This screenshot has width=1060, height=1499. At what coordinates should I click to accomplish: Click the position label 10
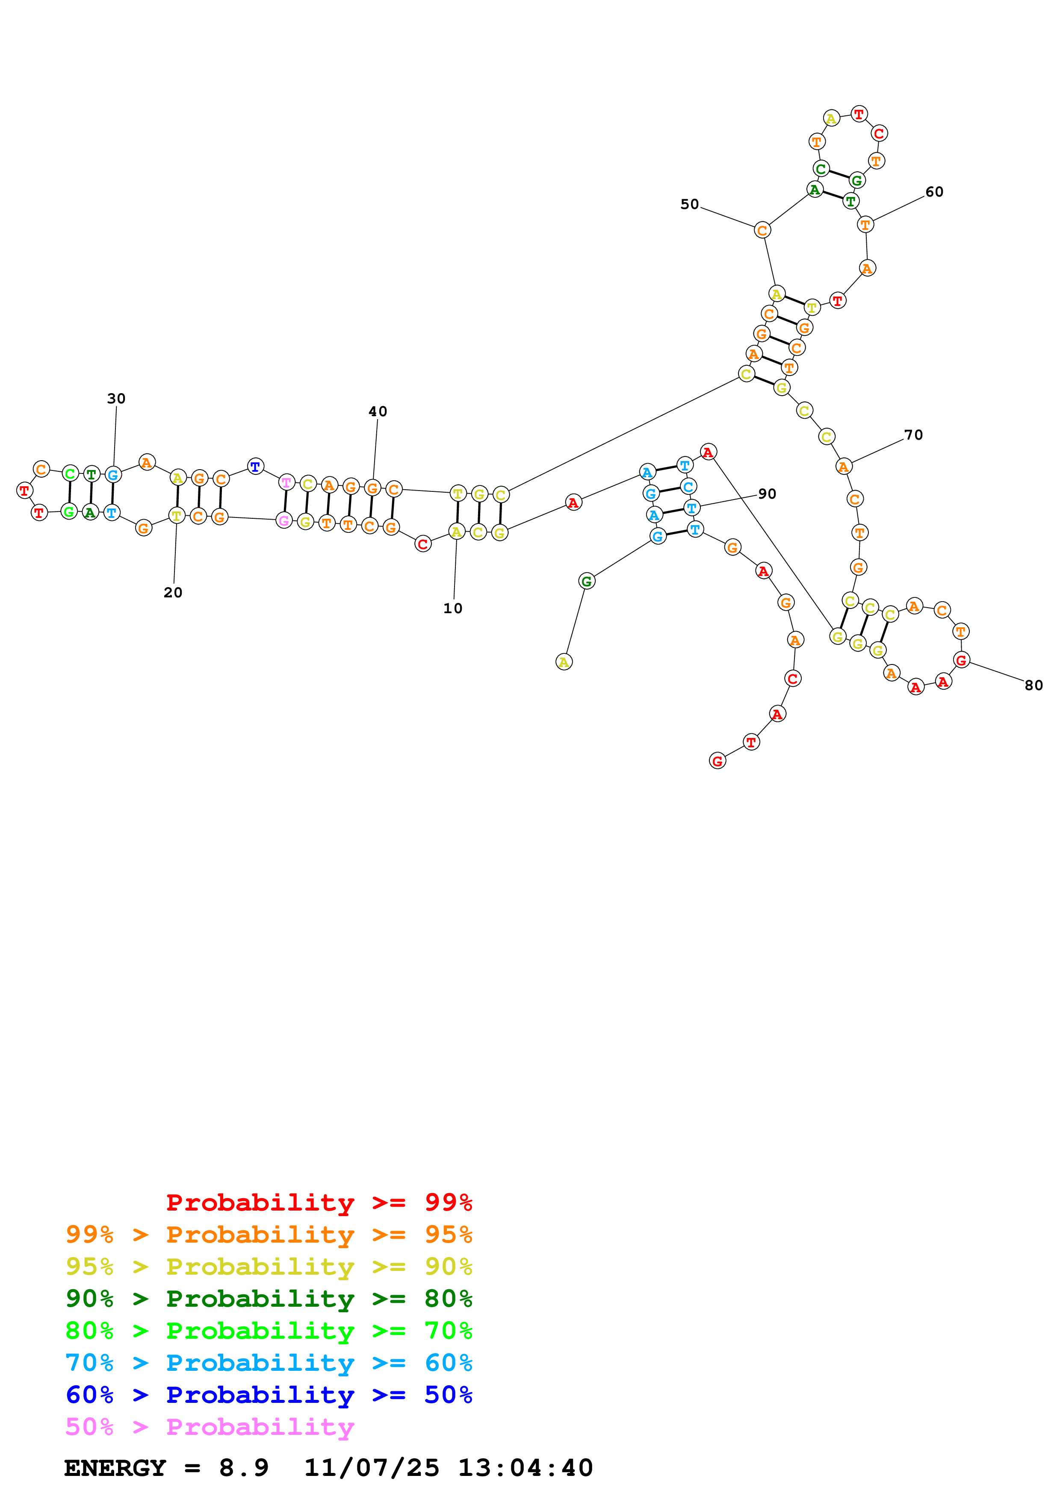(x=453, y=608)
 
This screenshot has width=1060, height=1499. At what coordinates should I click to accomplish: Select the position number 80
(x=1033, y=685)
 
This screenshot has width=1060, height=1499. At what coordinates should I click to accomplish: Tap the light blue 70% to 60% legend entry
(x=269, y=1363)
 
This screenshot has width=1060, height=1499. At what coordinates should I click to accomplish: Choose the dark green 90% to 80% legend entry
(x=269, y=1299)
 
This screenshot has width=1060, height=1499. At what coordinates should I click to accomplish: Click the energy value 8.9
(x=244, y=1468)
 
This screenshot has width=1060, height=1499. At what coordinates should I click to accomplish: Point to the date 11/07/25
(x=372, y=1468)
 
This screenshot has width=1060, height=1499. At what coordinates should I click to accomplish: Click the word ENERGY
(x=115, y=1468)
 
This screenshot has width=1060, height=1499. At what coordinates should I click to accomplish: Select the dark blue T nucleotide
(x=255, y=467)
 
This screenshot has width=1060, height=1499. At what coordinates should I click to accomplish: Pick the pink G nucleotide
(x=283, y=520)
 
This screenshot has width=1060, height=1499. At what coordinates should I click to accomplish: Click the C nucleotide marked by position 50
(x=762, y=230)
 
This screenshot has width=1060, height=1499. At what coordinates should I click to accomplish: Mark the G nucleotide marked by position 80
(x=961, y=660)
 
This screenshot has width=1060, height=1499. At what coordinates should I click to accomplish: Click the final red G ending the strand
(x=717, y=761)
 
